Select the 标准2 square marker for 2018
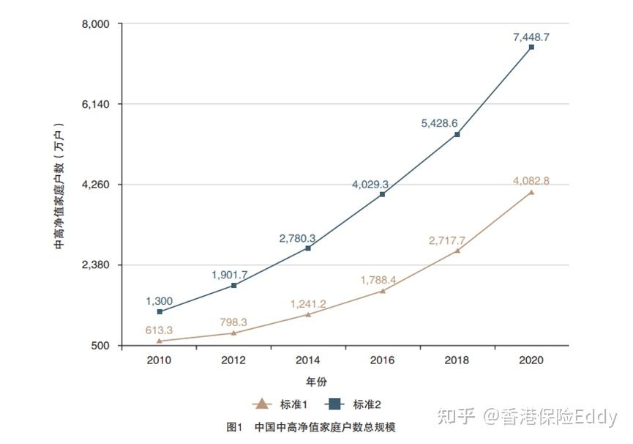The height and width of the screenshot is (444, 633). (457, 135)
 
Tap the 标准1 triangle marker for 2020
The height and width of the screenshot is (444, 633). (531, 193)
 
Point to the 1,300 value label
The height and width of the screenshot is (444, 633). (159, 300)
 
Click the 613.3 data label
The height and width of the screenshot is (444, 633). (159, 330)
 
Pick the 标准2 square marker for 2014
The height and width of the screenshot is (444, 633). (308, 249)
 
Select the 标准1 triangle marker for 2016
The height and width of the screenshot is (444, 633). (382, 291)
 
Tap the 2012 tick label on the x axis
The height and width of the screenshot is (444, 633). (233, 360)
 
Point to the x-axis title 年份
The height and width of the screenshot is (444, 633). (317, 382)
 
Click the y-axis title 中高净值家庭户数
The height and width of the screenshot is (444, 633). (60, 186)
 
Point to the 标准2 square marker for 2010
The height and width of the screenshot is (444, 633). (159, 312)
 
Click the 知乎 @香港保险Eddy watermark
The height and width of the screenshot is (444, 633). (527, 417)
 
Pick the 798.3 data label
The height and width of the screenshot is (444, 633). (232, 322)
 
